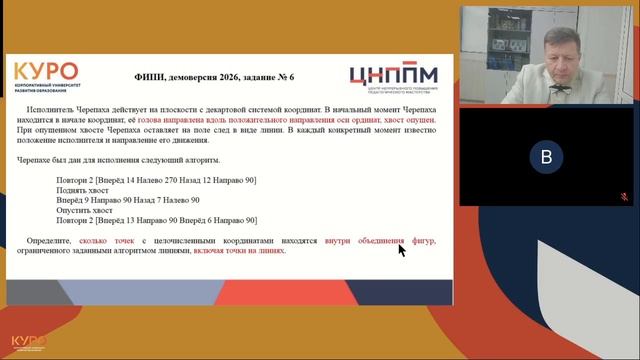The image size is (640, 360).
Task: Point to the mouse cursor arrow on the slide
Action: coord(401,249)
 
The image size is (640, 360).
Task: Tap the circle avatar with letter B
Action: coord(545,158)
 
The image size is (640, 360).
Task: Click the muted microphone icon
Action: coord(621,197)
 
